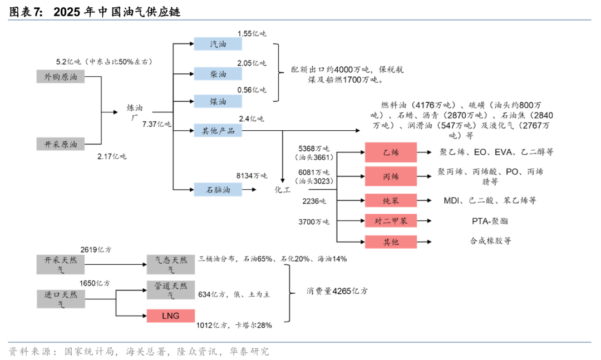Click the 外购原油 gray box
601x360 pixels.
pos(61,77)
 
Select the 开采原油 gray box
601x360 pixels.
pos(61,144)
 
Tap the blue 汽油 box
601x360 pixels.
pos(218,44)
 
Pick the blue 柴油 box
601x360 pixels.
pos(218,74)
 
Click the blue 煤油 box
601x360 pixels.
pos(218,101)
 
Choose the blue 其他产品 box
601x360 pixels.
pos(218,131)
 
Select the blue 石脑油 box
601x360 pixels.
pos(218,190)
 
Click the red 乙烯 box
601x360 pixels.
pos(390,152)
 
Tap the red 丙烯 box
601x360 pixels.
pos(390,176)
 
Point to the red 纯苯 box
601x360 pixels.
pos(390,200)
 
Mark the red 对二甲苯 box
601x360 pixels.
pos(390,221)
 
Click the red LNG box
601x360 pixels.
pos(170,315)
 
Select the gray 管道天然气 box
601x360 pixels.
pos(170,290)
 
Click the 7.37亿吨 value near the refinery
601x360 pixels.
pos(157,124)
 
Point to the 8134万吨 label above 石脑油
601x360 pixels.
pos(252,175)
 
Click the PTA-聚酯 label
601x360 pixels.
pos(489,221)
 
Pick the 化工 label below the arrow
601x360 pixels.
pos(283,190)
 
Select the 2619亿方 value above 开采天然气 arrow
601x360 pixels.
pos(95,250)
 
